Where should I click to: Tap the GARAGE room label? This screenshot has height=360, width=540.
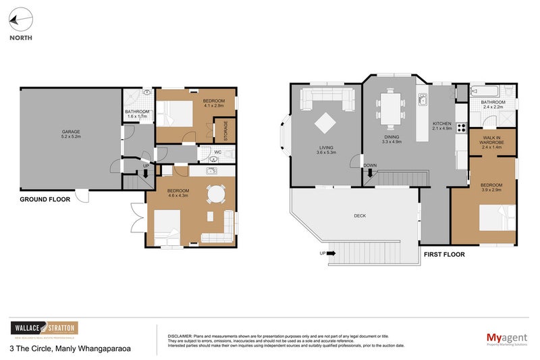tap(72, 132)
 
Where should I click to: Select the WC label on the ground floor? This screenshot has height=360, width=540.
tap(217, 153)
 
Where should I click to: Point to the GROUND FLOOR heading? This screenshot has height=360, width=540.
tap(43, 200)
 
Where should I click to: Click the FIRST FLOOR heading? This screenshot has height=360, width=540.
tap(444, 255)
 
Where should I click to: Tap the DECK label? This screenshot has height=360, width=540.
tap(360, 216)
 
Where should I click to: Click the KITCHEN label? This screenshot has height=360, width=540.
tap(442, 125)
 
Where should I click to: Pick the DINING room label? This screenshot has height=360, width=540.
tap(391, 136)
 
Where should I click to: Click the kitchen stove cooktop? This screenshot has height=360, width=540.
tap(463, 126)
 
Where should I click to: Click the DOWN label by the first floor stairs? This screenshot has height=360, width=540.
tap(370, 165)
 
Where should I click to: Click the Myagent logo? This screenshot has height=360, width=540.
tap(506, 338)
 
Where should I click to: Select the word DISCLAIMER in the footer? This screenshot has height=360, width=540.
tap(180, 336)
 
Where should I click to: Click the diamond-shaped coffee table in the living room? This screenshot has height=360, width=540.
tap(325, 122)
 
